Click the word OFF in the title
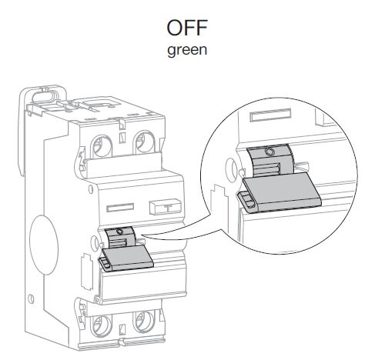(187, 28)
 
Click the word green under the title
(187, 50)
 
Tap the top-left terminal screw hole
(102, 145)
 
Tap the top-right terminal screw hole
(143, 142)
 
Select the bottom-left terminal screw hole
(102, 325)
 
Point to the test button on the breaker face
(166, 206)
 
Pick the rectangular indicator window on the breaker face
(120, 208)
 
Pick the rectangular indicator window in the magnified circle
(270, 115)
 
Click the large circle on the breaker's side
(44, 245)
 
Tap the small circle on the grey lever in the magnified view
(269, 152)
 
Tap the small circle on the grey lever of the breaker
(119, 232)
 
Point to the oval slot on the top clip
(44, 97)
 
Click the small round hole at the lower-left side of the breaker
(32, 298)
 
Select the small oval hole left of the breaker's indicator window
(91, 189)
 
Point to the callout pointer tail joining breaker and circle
(183, 236)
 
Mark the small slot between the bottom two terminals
(122, 329)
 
